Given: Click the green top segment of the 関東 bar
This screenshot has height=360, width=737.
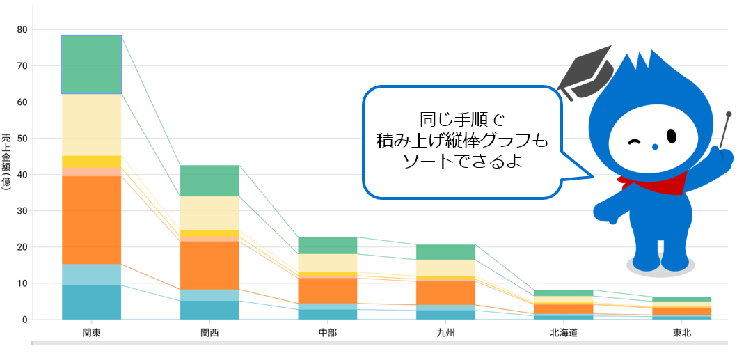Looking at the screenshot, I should click(91, 64).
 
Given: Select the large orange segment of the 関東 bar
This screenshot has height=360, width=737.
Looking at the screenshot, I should click(91, 220).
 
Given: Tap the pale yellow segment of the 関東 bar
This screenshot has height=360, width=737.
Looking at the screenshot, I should click(91, 125).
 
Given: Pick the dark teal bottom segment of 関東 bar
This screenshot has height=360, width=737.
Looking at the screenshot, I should click(91, 302).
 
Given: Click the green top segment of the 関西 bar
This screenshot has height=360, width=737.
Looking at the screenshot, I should click(209, 181).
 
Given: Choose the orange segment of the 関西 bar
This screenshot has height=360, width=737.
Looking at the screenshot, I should click(209, 265).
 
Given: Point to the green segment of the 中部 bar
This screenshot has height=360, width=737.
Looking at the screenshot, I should click(327, 246).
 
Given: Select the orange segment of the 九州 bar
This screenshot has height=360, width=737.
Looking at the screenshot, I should click(445, 292).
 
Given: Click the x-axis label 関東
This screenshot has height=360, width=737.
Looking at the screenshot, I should click(91, 333).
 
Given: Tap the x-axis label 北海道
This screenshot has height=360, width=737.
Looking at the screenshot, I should click(563, 333).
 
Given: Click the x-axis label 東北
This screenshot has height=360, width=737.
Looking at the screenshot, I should click(681, 333).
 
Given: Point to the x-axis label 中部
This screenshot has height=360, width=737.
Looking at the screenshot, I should click(327, 333).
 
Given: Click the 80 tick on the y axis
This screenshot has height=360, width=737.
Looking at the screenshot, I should click(22, 30).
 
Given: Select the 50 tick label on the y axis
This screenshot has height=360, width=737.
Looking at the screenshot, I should click(22, 139).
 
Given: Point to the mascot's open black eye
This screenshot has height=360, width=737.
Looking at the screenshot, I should click(672, 135).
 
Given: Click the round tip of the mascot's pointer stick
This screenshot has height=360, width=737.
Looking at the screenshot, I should click(729, 114).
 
